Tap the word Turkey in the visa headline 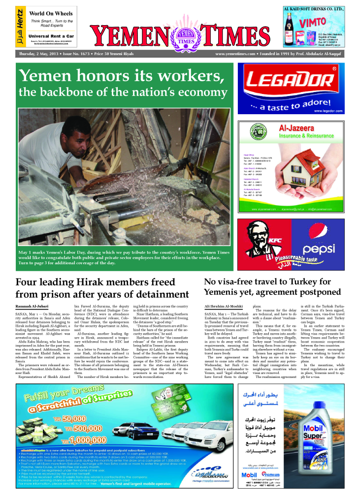[310, 282]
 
